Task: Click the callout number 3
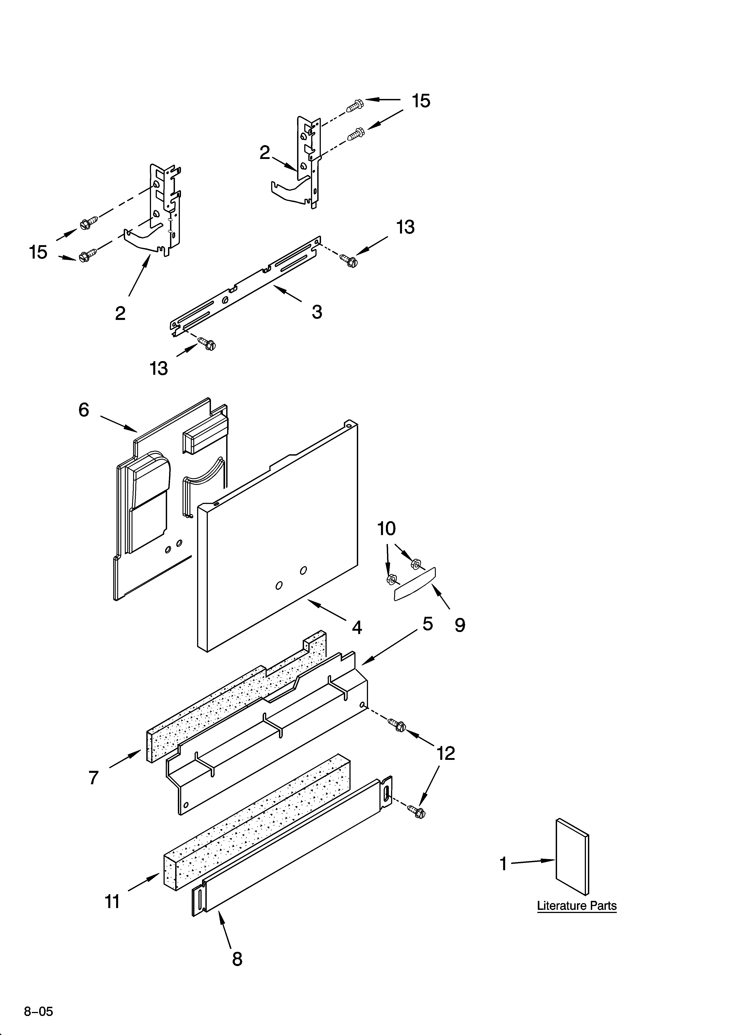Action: pos(317,312)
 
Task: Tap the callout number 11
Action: pos(113,902)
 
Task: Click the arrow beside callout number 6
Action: pos(119,423)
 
